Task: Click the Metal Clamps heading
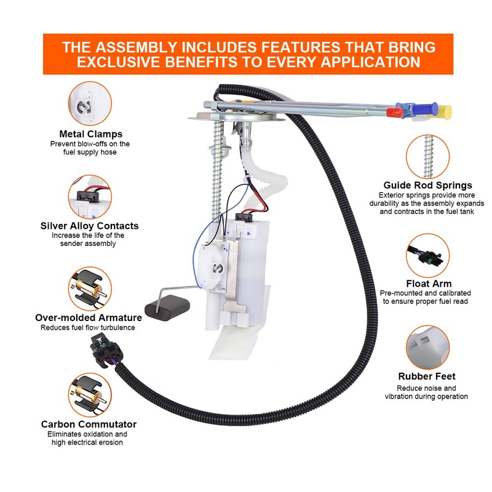click(x=90, y=133)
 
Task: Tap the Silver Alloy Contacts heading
click(x=90, y=226)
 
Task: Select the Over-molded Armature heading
click(x=89, y=318)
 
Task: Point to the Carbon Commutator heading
click(x=89, y=424)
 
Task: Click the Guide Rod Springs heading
click(x=427, y=185)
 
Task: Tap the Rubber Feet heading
click(x=427, y=376)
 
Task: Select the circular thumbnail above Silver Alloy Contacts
click(x=90, y=196)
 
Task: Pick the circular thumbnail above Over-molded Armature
click(x=90, y=288)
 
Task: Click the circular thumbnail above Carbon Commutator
click(x=90, y=394)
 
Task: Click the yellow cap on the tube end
click(x=445, y=112)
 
